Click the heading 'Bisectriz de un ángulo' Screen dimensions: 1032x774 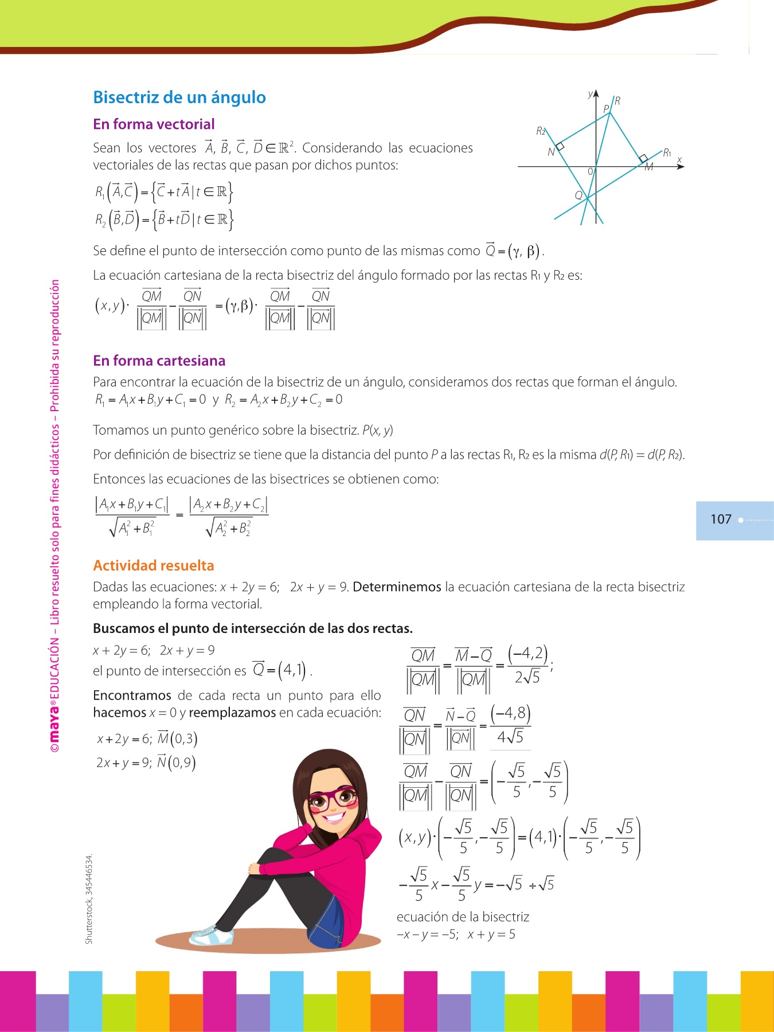[x=179, y=97]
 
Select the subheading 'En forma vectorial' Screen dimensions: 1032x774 [x=154, y=124]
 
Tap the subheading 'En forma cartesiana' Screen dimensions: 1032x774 [x=159, y=361]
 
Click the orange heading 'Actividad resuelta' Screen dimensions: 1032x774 [x=153, y=566]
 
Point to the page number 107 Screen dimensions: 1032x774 [x=721, y=519]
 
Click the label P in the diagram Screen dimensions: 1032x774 [x=605, y=109]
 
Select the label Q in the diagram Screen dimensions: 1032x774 [x=578, y=196]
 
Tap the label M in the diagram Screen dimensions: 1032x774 [x=649, y=167]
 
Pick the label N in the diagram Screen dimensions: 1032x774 [x=551, y=153]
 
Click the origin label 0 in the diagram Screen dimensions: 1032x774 [x=590, y=171]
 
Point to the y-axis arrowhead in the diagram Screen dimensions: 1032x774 [x=596, y=93]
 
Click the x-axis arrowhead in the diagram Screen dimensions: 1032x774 [x=681, y=166]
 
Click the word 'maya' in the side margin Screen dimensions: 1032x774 [x=54, y=720]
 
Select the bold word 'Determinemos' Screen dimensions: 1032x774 [x=397, y=587]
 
